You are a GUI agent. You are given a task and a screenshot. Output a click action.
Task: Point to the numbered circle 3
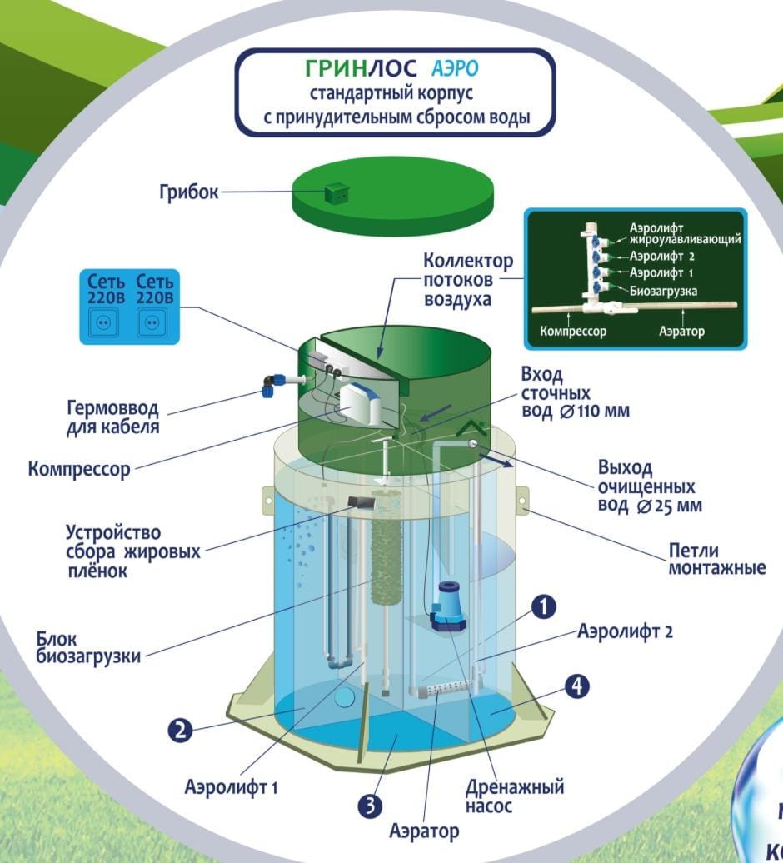(370, 806)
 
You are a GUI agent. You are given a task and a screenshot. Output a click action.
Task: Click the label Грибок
(189, 192)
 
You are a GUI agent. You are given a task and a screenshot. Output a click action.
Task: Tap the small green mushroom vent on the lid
(337, 193)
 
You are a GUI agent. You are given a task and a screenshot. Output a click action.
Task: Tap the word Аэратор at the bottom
(424, 831)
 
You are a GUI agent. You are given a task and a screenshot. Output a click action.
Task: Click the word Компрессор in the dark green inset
(572, 331)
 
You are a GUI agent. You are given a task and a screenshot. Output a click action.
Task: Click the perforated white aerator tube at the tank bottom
(441, 690)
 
